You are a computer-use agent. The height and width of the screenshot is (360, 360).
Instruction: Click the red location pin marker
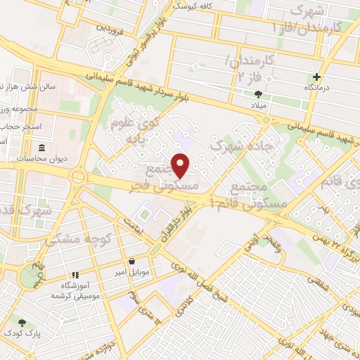click(x=181, y=165)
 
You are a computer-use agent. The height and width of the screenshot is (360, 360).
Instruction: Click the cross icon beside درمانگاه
click(x=317, y=77)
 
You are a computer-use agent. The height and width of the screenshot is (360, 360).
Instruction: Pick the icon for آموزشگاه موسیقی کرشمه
click(x=75, y=276)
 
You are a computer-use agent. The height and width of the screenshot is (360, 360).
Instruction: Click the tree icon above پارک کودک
click(x=22, y=323)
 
